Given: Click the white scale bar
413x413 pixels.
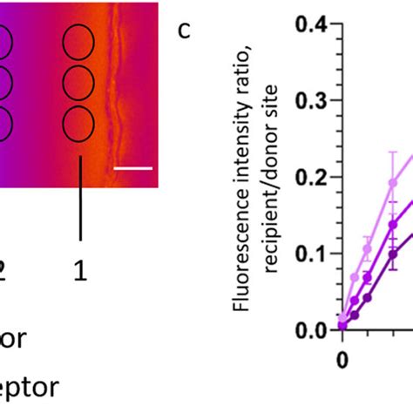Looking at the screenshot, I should coord(132,168).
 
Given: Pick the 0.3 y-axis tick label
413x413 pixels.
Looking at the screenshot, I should coord(310,101).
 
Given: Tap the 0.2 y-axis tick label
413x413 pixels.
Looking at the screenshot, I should coord(310,178).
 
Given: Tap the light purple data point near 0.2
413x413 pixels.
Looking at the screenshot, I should coord(393,184).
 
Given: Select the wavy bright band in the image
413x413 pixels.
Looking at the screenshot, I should coord(111,96).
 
